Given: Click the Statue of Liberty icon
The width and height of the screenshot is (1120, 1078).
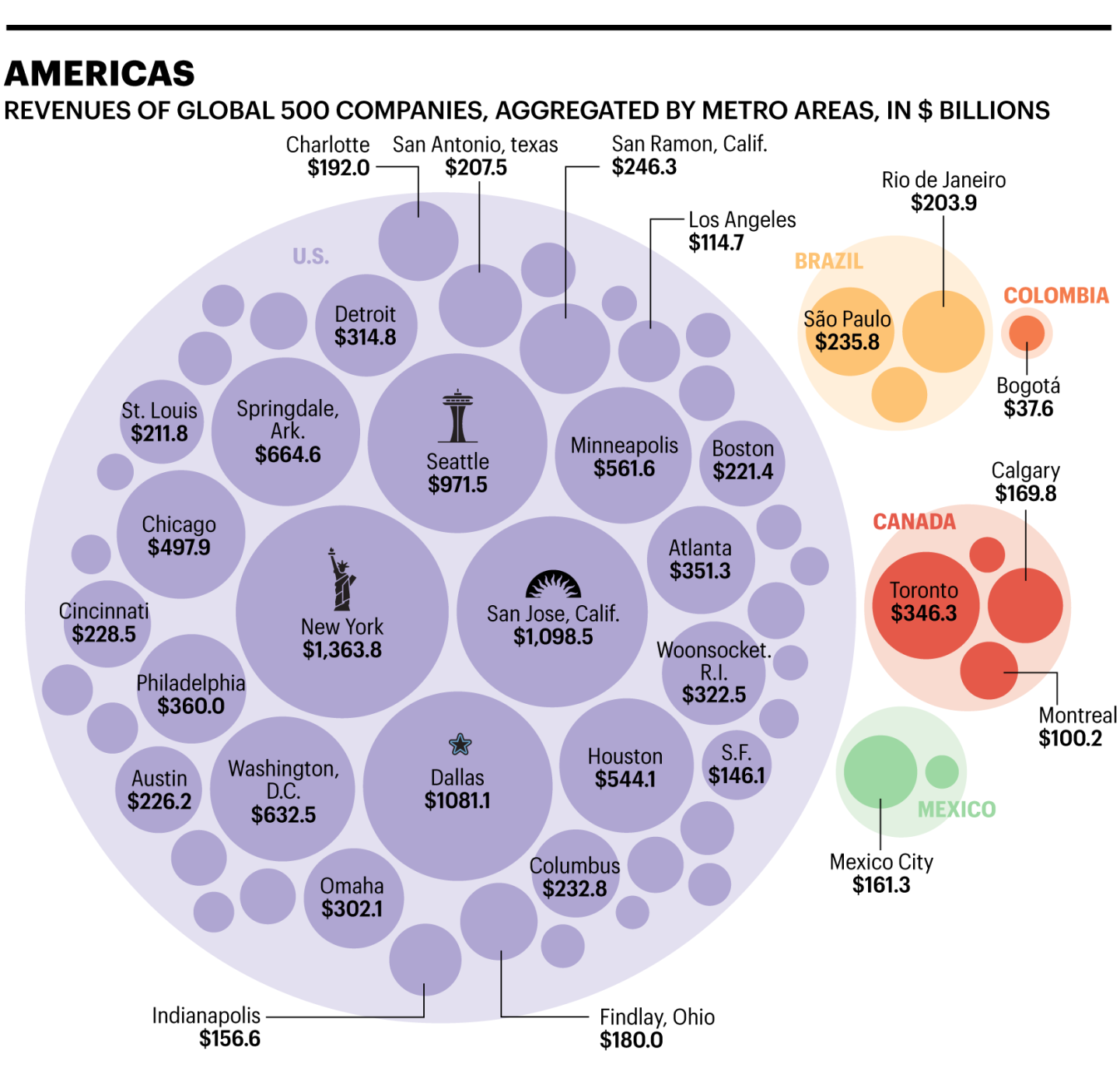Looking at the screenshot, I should [x=341, y=579].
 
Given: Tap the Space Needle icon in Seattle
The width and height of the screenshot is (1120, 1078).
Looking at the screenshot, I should [x=457, y=416].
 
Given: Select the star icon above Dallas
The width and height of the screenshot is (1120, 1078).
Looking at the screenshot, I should [x=460, y=744].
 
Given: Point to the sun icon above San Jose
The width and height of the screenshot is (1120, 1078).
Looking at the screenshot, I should [x=553, y=584].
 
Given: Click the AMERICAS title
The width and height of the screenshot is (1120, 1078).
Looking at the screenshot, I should [x=100, y=74].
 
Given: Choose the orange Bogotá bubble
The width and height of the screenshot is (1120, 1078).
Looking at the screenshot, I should [x=1027, y=332].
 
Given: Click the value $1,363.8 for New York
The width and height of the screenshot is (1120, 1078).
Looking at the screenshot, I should [x=342, y=649].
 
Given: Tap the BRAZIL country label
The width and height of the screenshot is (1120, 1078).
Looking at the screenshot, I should [x=829, y=261].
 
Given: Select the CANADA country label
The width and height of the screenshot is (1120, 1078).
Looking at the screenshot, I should [x=914, y=522].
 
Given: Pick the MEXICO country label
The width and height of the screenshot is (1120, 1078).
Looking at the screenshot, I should [x=957, y=810].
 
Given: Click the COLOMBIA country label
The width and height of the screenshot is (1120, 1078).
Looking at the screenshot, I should [x=1055, y=296].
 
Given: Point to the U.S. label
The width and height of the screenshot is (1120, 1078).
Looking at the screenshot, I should [x=311, y=257].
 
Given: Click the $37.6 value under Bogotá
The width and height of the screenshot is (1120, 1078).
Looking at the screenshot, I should [x=1028, y=408].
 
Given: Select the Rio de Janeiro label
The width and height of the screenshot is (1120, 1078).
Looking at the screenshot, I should [x=943, y=180].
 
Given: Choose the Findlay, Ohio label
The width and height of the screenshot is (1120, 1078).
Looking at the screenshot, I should [x=657, y=1017].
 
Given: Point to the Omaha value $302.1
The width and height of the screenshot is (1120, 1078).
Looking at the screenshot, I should [x=352, y=908].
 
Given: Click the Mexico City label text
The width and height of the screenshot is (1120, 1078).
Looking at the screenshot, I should [x=881, y=862].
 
